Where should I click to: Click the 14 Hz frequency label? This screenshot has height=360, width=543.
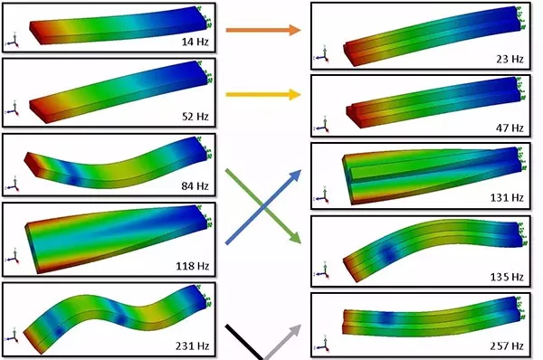pos(195,42)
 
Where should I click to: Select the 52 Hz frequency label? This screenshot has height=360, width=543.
pos(195,117)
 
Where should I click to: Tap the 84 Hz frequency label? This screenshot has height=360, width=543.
pos(195,186)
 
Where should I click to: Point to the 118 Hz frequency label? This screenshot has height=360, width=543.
pos(193,266)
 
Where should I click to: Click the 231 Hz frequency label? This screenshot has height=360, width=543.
pos(193,346)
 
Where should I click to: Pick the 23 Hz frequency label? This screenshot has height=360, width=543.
pos(510,59)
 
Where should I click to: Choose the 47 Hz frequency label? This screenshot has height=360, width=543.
pos(510,128)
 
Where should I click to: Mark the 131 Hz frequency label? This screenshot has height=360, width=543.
pos(507,198)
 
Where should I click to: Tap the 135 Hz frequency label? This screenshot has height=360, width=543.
pos(507,277)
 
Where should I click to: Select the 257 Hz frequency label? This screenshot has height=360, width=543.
pos(507,346)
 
